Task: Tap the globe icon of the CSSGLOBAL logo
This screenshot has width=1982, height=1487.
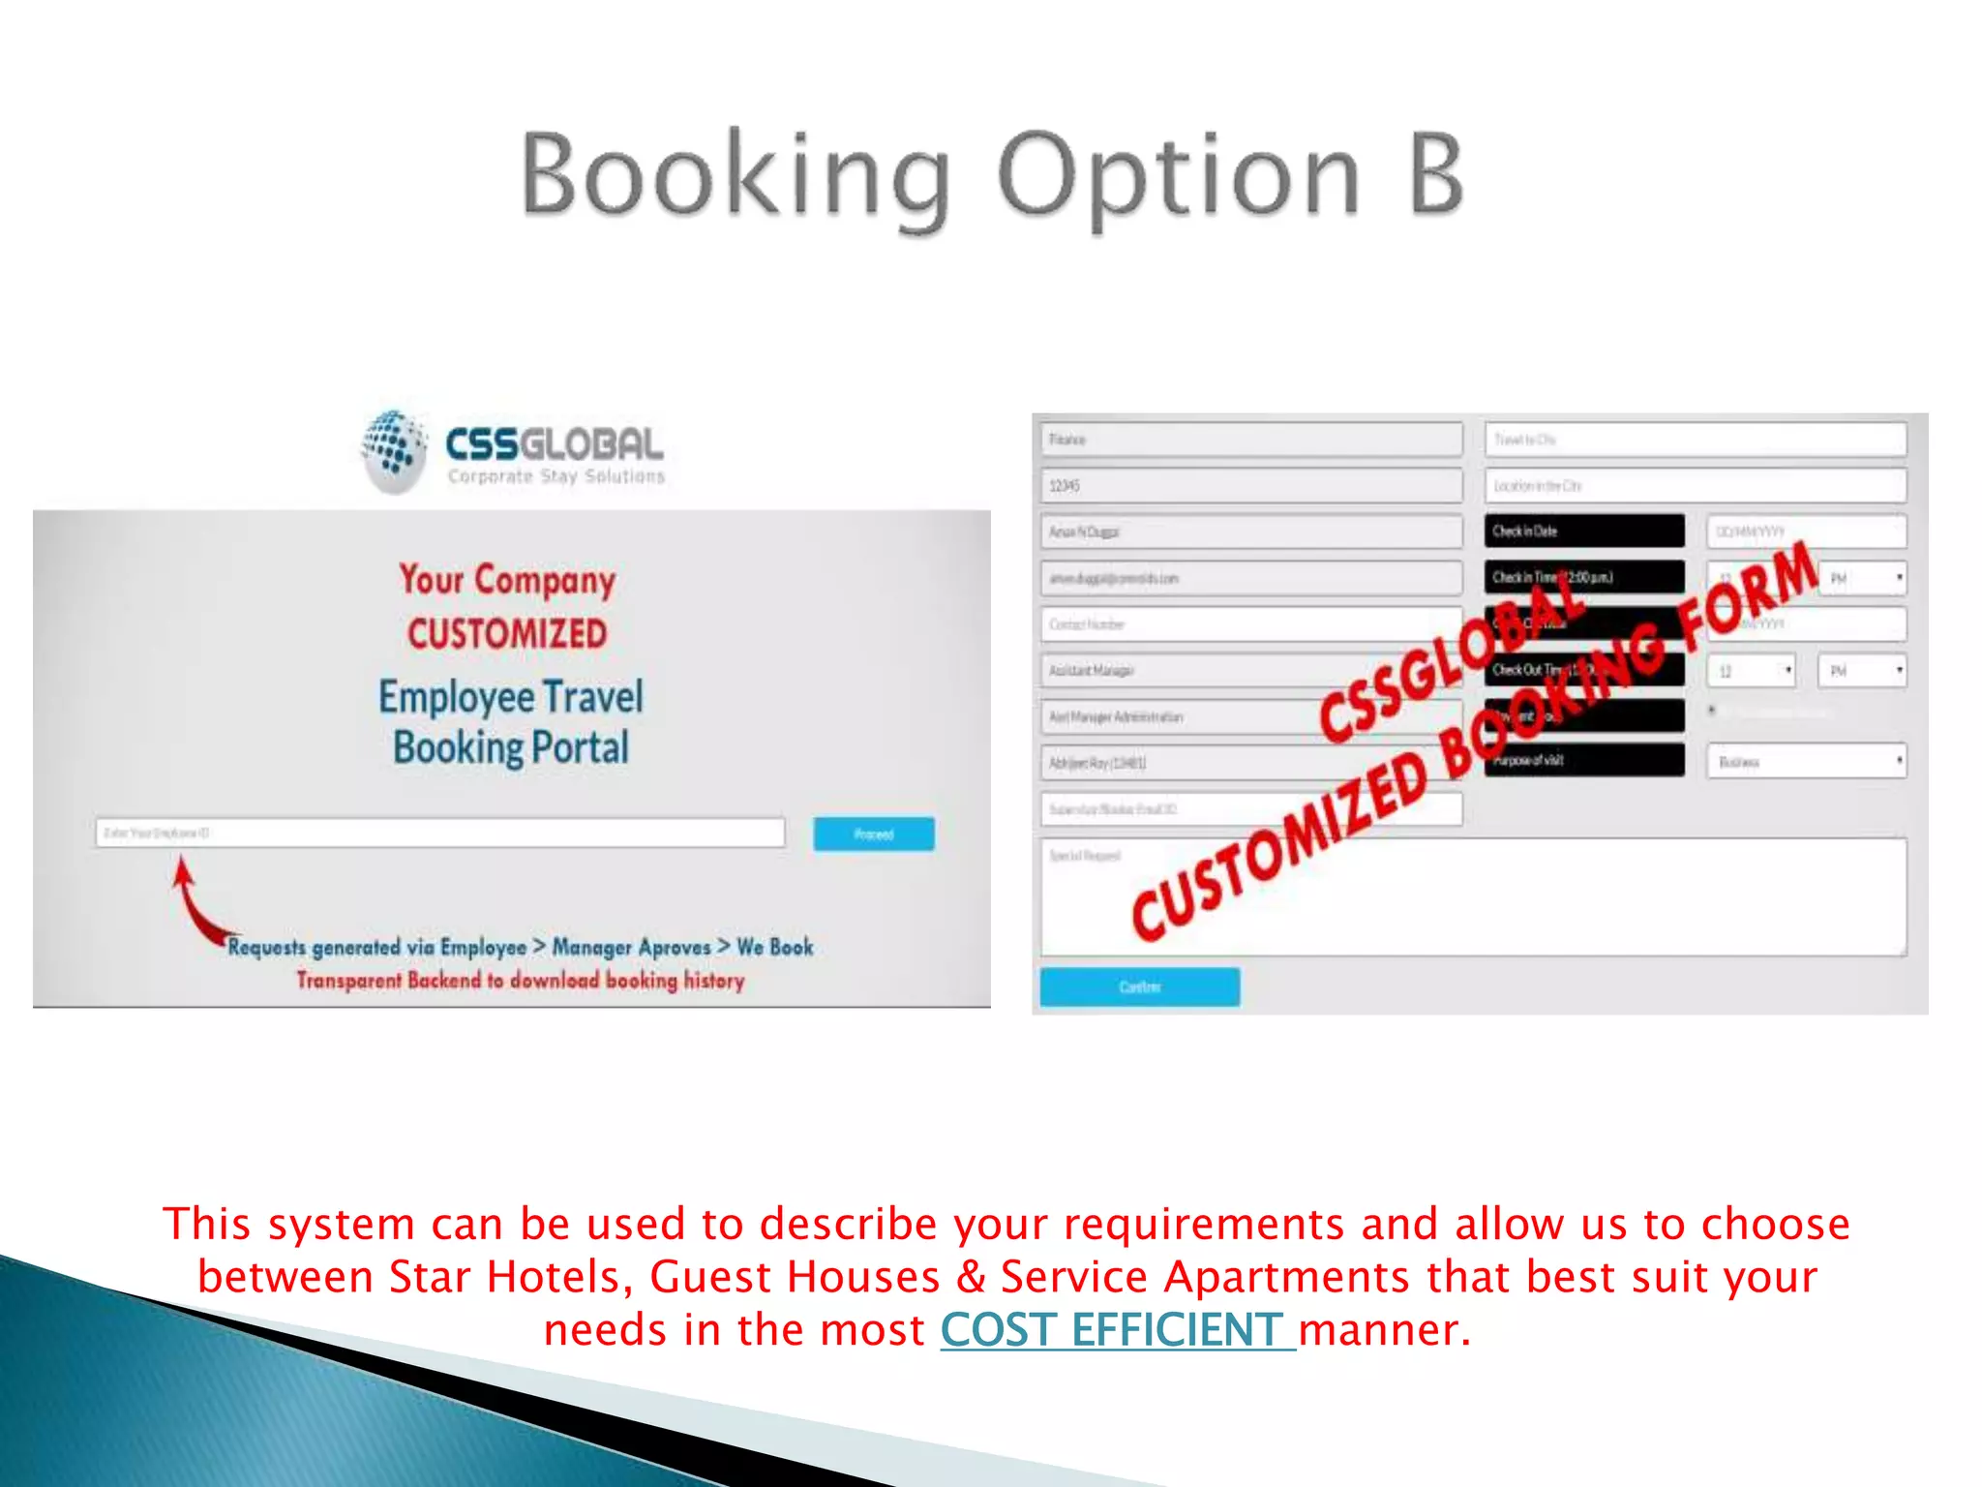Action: (x=393, y=449)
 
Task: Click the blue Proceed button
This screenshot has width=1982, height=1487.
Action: (x=873, y=834)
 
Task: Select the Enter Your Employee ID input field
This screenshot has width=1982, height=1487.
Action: (x=439, y=833)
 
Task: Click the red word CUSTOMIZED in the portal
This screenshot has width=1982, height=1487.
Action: (x=507, y=634)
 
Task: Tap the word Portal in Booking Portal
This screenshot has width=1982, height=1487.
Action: (x=580, y=747)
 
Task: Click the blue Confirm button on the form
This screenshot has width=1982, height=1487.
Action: (x=1139, y=986)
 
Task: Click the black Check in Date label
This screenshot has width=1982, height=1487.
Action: (x=1583, y=531)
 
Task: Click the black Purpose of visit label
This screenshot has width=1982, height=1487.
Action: (x=1583, y=760)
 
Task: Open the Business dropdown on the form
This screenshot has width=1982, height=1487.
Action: (x=1806, y=761)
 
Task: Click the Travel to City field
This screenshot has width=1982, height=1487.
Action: (x=1695, y=440)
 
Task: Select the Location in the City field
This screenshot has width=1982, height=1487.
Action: (x=1695, y=486)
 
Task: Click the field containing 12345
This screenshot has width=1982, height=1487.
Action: (x=1250, y=486)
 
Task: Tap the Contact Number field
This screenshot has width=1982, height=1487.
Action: (x=1250, y=624)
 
